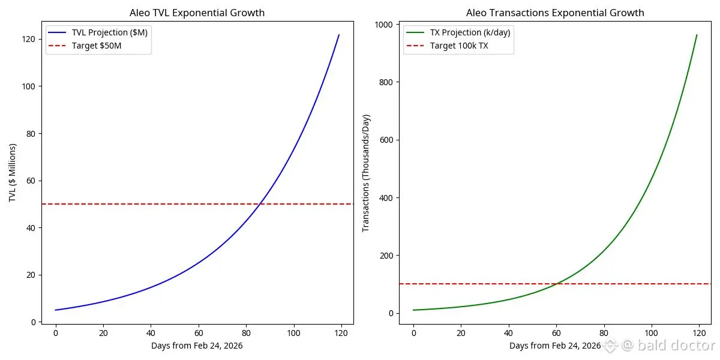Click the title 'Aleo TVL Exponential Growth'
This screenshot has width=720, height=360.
pyautogui.click(x=197, y=13)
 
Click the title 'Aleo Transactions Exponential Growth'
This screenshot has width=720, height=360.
pyautogui.click(x=555, y=13)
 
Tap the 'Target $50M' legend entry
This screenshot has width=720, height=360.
pyautogui.click(x=97, y=46)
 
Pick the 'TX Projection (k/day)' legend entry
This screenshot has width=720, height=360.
pyautogui.click(x=470, y=33)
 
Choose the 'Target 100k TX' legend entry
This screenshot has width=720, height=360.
pyautogui.click(x=459, y=46)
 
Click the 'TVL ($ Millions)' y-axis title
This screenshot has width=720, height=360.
pyautogui.click(x=13, y=173)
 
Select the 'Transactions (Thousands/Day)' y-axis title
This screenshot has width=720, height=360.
pyautogui.click(x=366, y=173)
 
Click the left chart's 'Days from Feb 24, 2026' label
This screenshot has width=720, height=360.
pyautogui.click(x=197, y=346)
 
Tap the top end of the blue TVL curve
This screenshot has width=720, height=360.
pyautogui.click(x=339, y=35)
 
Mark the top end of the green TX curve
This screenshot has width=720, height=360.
pyautogui.click(x=697, y=35)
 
